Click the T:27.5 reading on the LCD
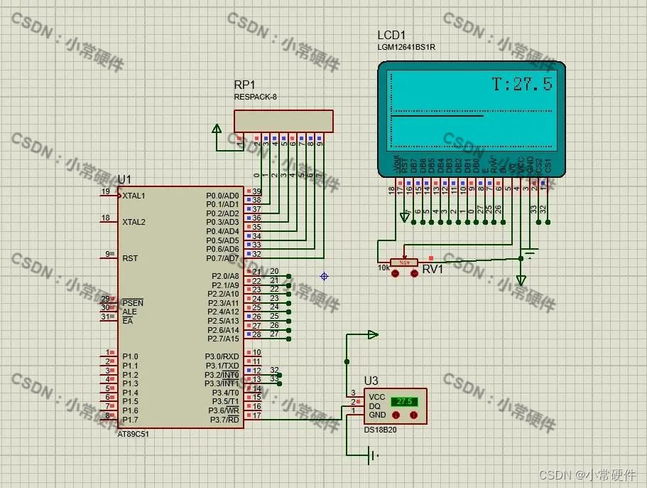coord(522,84)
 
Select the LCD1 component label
coord(392,36)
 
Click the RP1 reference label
coord(244,85)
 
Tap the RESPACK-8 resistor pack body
coord(283,121)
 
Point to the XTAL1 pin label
coord(134,196)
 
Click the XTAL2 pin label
coord(134,222)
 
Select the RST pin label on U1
coord(130,259)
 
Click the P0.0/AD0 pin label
coord(222,195)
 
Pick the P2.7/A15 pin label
coord(223,339)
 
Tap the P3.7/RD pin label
coord(224,420)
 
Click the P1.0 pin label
coord(130,356)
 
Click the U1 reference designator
coord(124,179)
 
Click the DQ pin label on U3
coord(374,405)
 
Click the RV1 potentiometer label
coord(432,269)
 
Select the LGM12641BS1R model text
coord(406,48)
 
